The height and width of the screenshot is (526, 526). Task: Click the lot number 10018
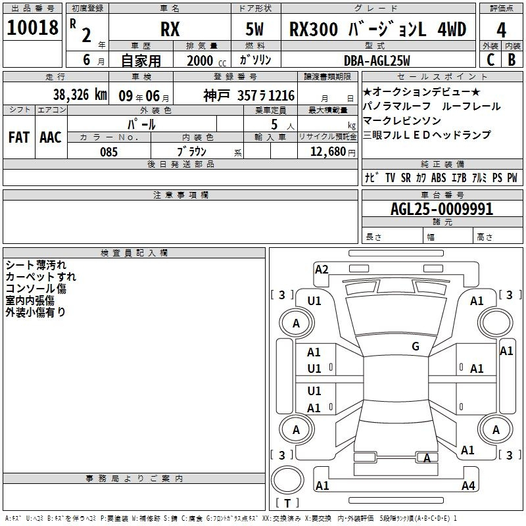point(32,28)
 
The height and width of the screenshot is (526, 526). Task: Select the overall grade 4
point(501,30)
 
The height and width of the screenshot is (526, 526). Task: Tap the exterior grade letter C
point(490,60)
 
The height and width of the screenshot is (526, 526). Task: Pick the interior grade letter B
point(512,60)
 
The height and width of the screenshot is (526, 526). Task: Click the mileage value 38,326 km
point(80,95)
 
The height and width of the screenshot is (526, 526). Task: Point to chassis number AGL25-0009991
point(442,209)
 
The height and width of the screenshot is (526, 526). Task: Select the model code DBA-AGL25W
point(377,60)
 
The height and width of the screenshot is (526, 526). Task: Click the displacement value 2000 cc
point(206,60)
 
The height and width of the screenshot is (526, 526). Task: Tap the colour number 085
point(108,152)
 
